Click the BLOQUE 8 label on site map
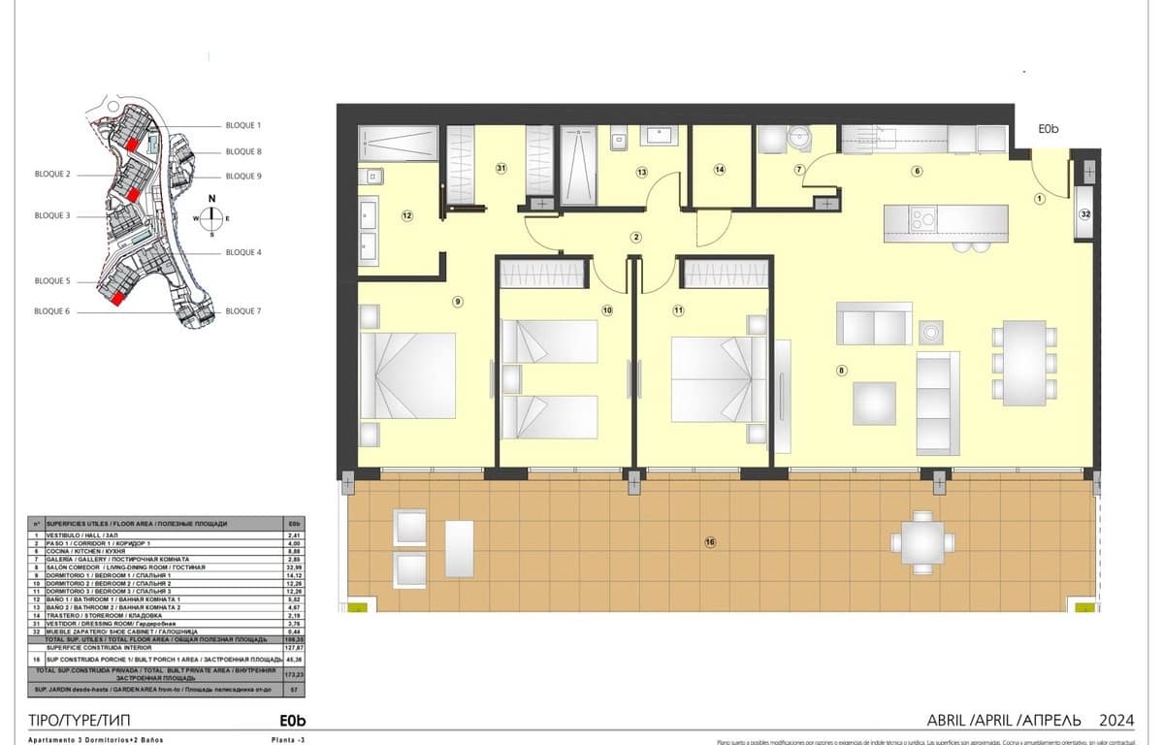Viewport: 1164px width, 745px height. tap(243, 151)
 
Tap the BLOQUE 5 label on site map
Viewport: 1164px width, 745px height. tap(52, 280)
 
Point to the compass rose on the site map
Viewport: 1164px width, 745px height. tap(211, 217)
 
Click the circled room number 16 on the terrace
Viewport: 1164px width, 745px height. tap(710, 542)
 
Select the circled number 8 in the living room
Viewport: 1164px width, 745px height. tap(842, 370)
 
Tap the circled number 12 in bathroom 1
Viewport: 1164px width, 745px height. tap(407, 215)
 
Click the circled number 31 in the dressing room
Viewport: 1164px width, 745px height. tap(501, 168)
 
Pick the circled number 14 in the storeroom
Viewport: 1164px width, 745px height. tap(720, 170)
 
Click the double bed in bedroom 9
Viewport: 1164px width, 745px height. tap(407, 375)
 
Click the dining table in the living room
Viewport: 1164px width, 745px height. tap(1024, 363)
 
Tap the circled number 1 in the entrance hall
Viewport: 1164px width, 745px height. tap(1039, 199)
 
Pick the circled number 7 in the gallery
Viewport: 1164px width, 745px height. tap(799, 170)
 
